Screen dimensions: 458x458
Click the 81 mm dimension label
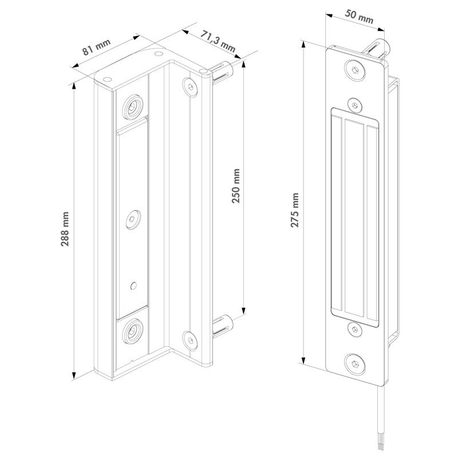point(96,47)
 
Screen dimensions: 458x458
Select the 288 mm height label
point(65,229)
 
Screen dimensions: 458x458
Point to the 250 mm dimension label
point(235,185)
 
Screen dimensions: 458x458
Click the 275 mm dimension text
point(294,210)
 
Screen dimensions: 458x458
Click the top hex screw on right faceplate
point(355,70)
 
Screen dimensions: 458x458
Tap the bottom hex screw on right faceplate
point(355,364)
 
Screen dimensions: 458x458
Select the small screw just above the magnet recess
point(355,105)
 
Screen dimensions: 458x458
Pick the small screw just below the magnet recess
point(355,330)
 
